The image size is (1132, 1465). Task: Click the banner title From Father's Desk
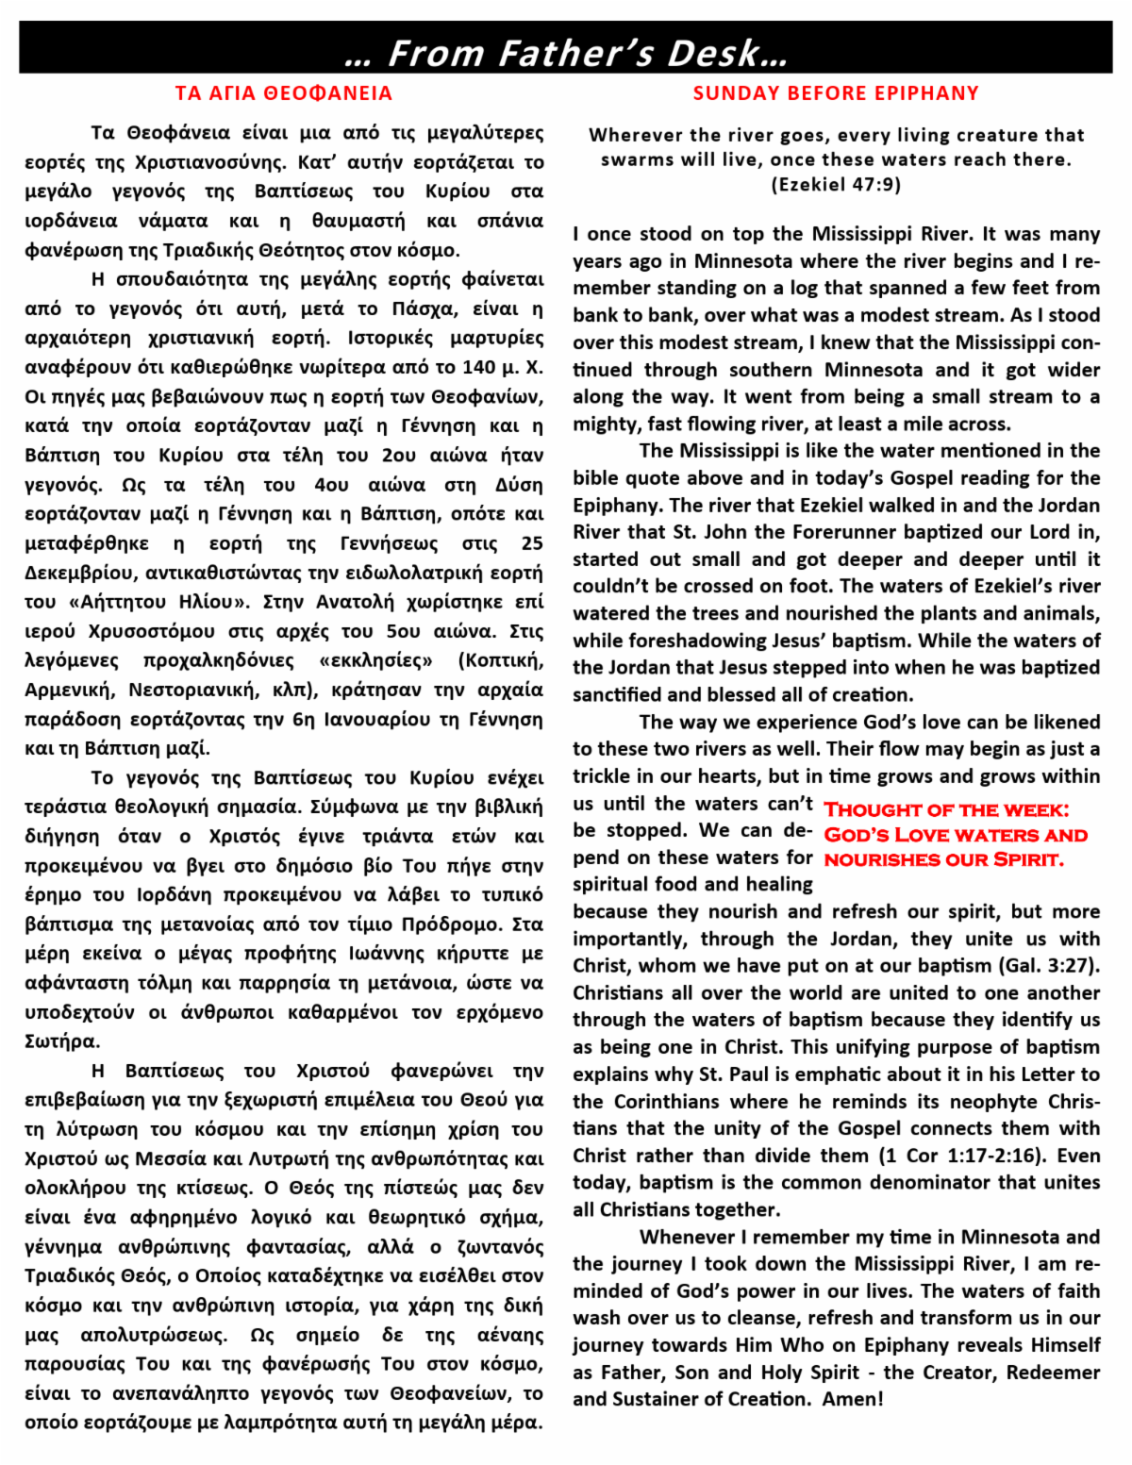point(566,53)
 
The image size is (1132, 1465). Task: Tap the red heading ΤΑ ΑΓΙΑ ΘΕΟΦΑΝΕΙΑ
point(284,93)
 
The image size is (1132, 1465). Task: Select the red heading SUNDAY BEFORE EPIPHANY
point(836,93)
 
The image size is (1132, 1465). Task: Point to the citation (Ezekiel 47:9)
point(836,184)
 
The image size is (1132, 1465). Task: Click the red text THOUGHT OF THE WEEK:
point(946,810)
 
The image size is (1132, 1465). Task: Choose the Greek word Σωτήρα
point(59,1041)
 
